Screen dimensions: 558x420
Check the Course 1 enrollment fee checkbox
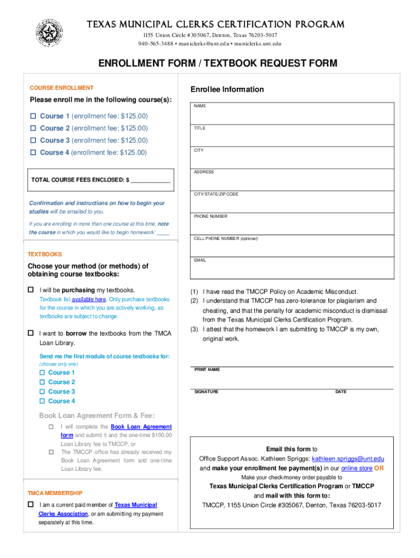[33, 116]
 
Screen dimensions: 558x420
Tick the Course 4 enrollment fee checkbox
[33, 153]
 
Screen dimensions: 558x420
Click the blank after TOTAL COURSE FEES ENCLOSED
[151, 179]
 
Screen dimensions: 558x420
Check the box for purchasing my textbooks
[31, 289]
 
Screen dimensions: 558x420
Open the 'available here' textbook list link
[89, 300]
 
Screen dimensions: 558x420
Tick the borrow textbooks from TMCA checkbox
[31, 333]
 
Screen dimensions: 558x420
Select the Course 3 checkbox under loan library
[41, 391]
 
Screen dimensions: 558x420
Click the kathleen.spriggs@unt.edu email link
[348, 459]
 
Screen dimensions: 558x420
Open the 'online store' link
[356, 468]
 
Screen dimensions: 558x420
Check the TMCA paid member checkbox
[31, 505]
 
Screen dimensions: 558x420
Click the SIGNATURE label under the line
[207, 392]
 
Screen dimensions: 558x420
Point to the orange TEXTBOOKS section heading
[45, 254]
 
